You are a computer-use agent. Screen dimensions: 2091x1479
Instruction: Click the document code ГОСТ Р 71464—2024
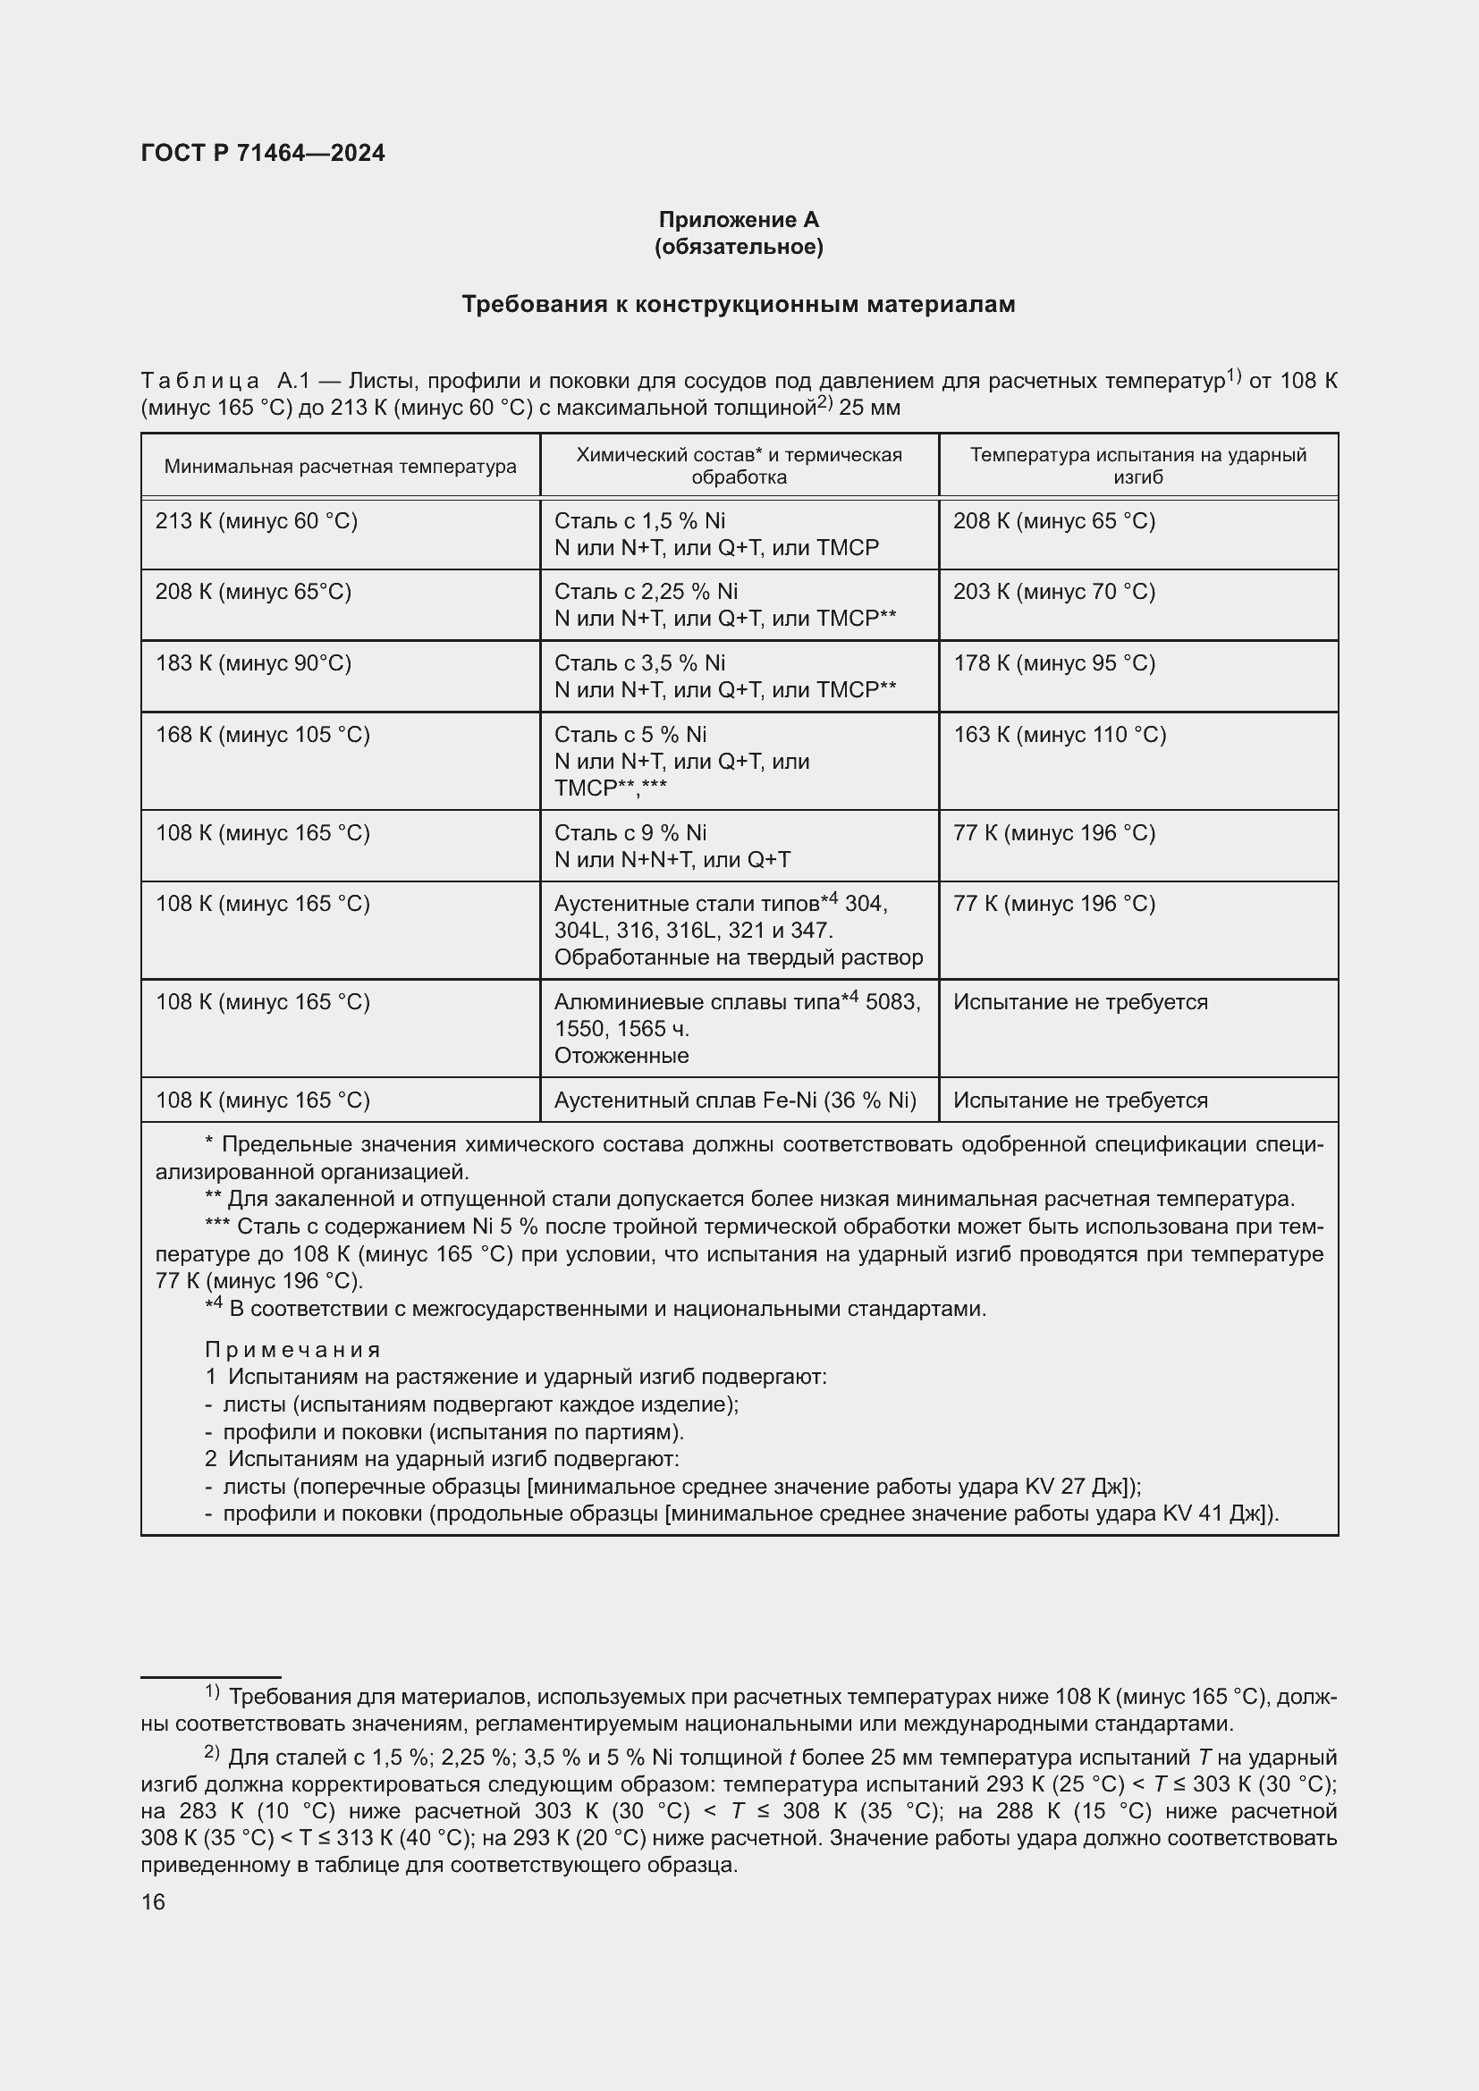tap(263, 153)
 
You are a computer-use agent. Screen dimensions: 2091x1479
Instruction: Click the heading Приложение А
tap(739, 220)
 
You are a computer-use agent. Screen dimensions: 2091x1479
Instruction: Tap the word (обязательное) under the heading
tap(739, 247)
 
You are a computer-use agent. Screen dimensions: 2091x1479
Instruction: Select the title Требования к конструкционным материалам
tap(739, 304)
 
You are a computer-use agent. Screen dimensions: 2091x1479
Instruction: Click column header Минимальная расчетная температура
tap(340, 468)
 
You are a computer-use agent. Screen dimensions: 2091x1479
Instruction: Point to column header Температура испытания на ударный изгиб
tap(1137, 466)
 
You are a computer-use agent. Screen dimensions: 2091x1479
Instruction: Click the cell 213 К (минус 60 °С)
tap(257, 521)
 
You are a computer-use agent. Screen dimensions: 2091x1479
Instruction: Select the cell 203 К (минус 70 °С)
tap(1053, 592)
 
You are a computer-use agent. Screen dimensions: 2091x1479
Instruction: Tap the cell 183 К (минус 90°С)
tap(253, 663)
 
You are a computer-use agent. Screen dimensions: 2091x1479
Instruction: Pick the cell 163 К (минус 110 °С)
tap(1059, 735)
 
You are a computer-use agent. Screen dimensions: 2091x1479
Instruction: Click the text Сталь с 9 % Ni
tap(630, 833)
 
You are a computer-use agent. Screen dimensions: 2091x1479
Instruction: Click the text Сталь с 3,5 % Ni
tap(639, 663)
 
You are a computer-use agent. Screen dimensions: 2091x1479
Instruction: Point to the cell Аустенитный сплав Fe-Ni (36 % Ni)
tap(735, 1101)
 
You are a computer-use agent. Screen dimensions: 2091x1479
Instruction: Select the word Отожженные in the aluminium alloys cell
tap(621, 1057)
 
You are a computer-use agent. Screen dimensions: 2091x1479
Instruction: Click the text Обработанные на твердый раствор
tap(738, 958)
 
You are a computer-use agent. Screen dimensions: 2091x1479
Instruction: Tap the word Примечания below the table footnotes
tap(292, 1350)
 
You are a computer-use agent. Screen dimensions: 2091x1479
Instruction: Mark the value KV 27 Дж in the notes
tap(1075, 1487)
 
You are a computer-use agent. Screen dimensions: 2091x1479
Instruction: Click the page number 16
tap(153, 1902)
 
